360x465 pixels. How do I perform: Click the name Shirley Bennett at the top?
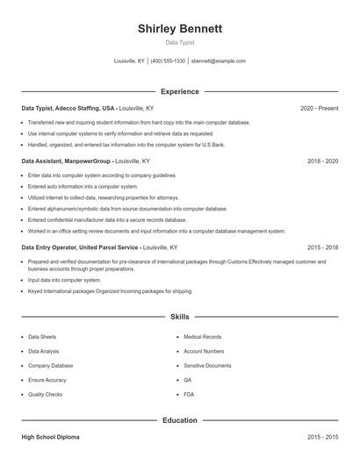(x=180, y=28)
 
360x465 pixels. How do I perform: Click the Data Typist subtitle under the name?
(x=180, y=42)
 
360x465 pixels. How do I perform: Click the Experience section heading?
(x=179, y=91)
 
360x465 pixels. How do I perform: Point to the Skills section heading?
(x=179, y=316)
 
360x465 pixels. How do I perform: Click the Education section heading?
(x=179, y=420)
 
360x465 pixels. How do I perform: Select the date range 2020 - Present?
(x=319, y=108)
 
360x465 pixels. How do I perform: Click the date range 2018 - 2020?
(x=322, y=161)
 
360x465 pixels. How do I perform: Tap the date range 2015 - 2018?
(x=322, y=247)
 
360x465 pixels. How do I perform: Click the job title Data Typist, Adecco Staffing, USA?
(x=68, y=108)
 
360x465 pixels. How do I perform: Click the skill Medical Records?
(x=202, y=337)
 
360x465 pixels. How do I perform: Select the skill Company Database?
(x=50, y=366)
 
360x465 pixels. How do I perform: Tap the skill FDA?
(x=189, y=395)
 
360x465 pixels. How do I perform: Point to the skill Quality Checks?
(x=46, y=395)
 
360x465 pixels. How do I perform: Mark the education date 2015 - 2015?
(x=322, y=436)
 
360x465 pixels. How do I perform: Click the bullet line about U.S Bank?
(x=126, y=144)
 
